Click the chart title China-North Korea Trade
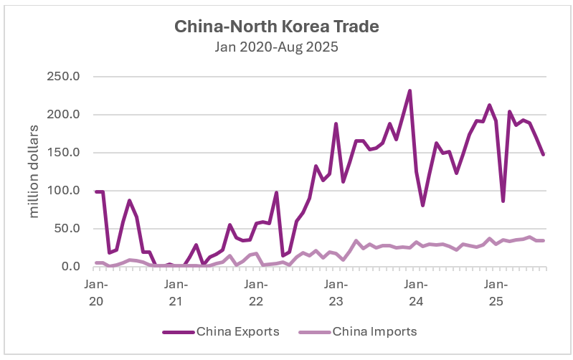pyautogui.click(x=276, y=27)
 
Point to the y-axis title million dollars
pyautogui.click(x=34, y=172)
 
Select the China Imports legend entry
pyautogui.click(x=374, y=331)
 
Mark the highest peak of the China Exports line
pyautogui.click(x=409, y=91)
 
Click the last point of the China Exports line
pyautogui.click(x=543, y=154)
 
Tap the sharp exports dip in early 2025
pyautogui.click(x=503, y=201)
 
